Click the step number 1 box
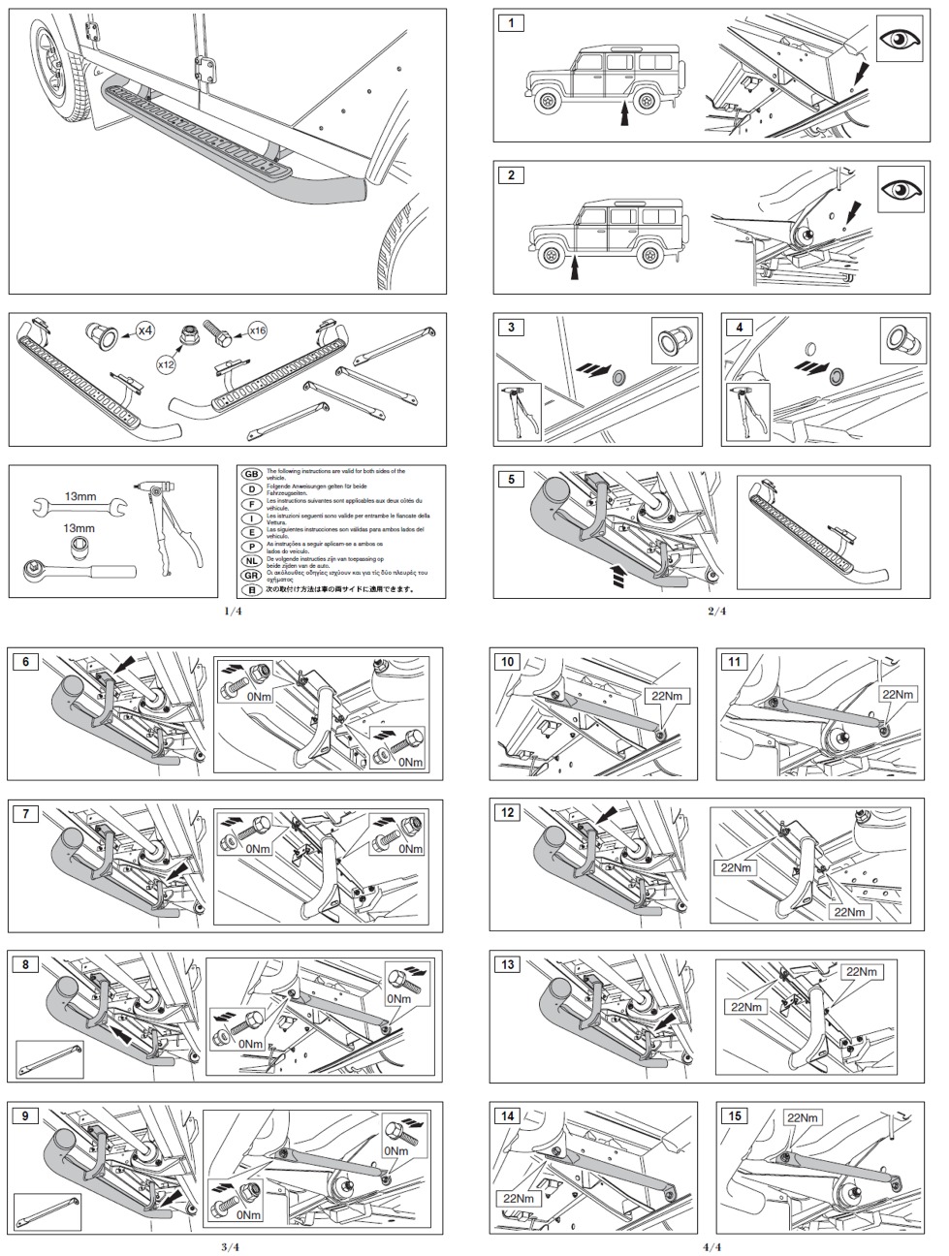[510, 22]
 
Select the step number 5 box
[510, 479]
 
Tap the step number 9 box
[28, 1115]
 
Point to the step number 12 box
[508, 813]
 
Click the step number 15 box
[734, 1115]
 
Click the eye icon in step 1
[901, 41]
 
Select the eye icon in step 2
[901, 190]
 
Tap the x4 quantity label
[143, 331]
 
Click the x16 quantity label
[257, 331]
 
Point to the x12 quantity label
[167, 367]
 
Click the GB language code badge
[251, 474]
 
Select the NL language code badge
[251, 561]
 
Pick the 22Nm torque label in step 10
[663, 696]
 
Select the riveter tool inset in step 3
[518, 411]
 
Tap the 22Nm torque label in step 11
[898, 695]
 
